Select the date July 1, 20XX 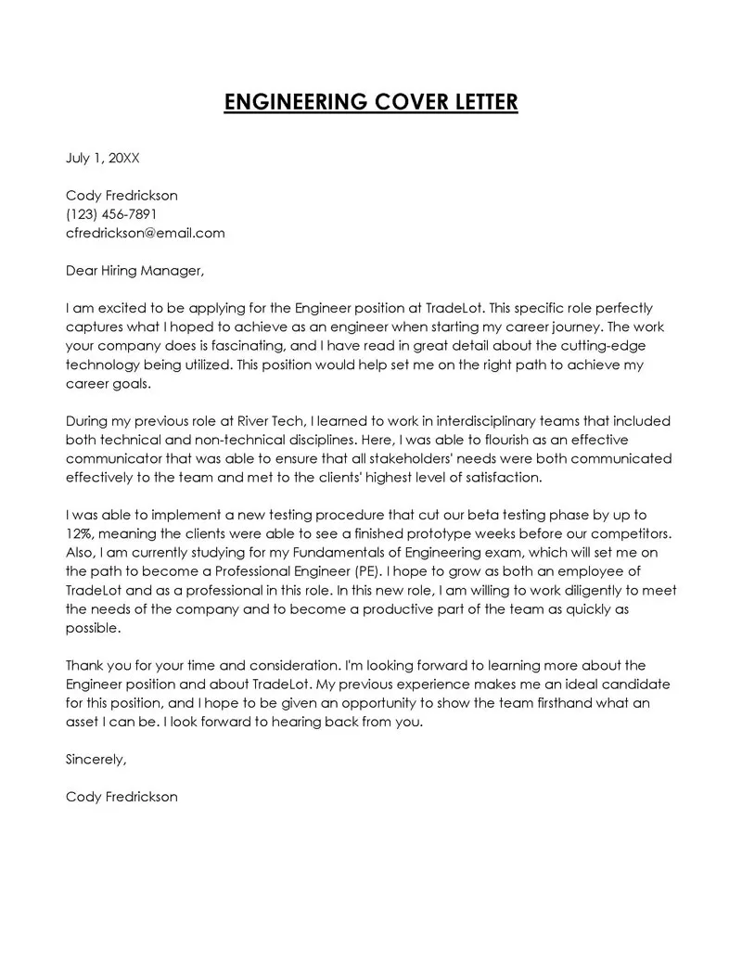[102, 158]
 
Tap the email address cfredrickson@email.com [145, 233]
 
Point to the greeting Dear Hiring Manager [134, 271]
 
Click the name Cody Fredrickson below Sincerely [122, 797]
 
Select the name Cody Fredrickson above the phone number [122, 196]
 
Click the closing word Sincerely [96, 759]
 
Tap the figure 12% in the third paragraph [80, 533]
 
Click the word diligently [574, 590]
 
